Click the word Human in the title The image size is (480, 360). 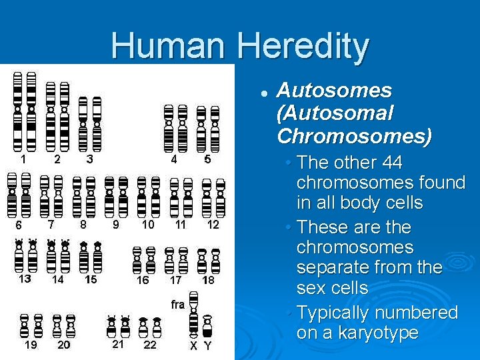[x=169, y=46]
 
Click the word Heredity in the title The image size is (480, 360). [x=303, y=46]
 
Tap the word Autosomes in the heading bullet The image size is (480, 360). [x=334, y=90]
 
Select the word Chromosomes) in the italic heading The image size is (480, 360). [x=354, y=136]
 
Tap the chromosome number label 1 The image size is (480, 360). [x=23, y=159]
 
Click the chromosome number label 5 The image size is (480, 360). [x=207, y=159]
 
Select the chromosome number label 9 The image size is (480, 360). [x=115, y=225]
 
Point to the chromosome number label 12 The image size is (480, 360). [x=213, y=225]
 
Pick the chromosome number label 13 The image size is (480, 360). [x=25, y=279]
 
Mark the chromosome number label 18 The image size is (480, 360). [x=209, y=280]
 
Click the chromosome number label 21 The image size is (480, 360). [x=118, y=345]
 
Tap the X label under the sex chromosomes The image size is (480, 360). [x=193, y=346]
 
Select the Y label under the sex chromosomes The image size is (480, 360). [x=208, y=346]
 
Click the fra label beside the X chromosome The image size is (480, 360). [x=177, y=305]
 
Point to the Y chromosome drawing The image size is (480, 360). [x=208, y=326]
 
